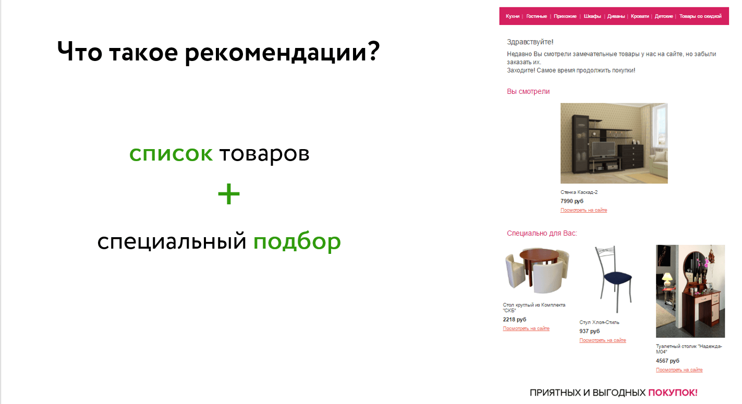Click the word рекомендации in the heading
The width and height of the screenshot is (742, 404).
click(x=282, y=52)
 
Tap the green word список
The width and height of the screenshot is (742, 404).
click(x=171, y=154)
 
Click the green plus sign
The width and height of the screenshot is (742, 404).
click(x=228, y=194)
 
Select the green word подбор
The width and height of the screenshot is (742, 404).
click(x=297, y=241)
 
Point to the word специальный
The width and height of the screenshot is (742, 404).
click(x=172, y=241)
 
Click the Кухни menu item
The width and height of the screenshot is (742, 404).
click(x=513, y=16)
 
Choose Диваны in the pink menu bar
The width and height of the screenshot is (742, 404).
click(x=616, y=16)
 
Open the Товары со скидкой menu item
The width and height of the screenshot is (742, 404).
click(x=700, y=16)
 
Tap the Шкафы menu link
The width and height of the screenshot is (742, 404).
click(x=592, y=16)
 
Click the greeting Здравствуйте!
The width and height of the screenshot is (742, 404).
click(x=530, y=42)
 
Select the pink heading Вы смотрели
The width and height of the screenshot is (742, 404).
click(x=528, y=91)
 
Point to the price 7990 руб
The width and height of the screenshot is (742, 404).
click(x=571, y=201)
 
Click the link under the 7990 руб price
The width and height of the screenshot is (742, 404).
click(x=583, y=210)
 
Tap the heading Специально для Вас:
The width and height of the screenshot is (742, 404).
click(x=542, y=233)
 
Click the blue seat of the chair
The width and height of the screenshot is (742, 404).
click(x=618, y=277)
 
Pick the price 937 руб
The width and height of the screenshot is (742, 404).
click(x=590, y=331)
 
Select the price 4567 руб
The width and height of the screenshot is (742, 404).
click(x=667, y=361)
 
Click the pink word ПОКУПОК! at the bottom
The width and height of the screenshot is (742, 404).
click(x=673, y=393)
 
